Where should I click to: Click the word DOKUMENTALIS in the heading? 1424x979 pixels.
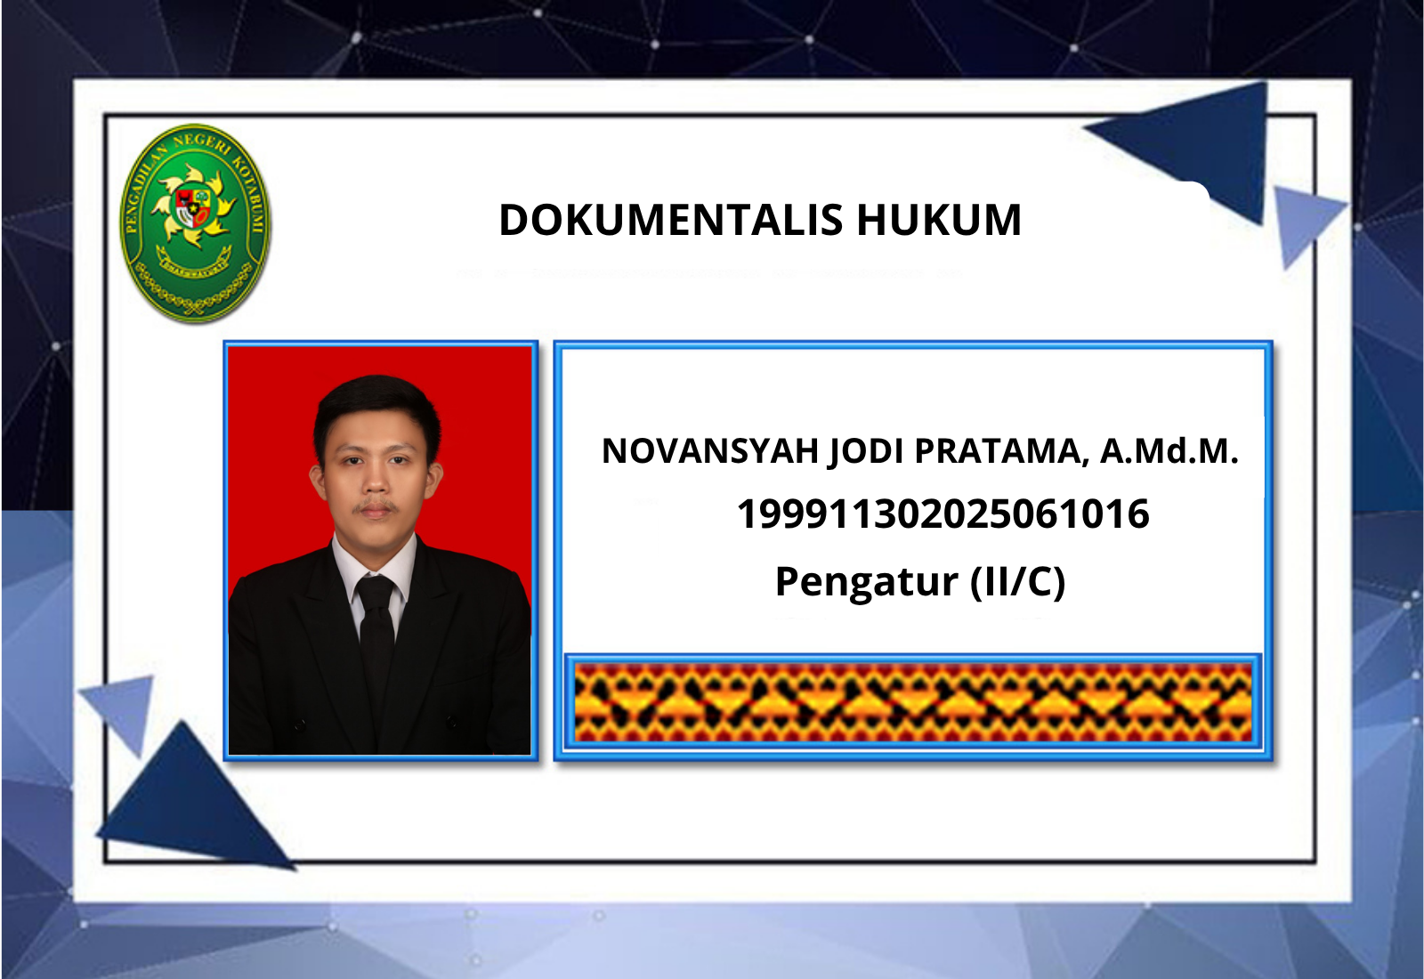coord(671,220)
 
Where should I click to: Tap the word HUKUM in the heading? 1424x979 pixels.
coord(939,220)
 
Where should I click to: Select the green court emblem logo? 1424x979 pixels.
coord(195,223)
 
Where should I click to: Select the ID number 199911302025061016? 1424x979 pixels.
coord(943,514)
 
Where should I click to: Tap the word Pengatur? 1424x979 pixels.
coord(867,582)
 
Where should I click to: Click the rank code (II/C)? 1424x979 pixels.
coord(1017,582)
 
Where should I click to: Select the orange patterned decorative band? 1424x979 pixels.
coord(913,702)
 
